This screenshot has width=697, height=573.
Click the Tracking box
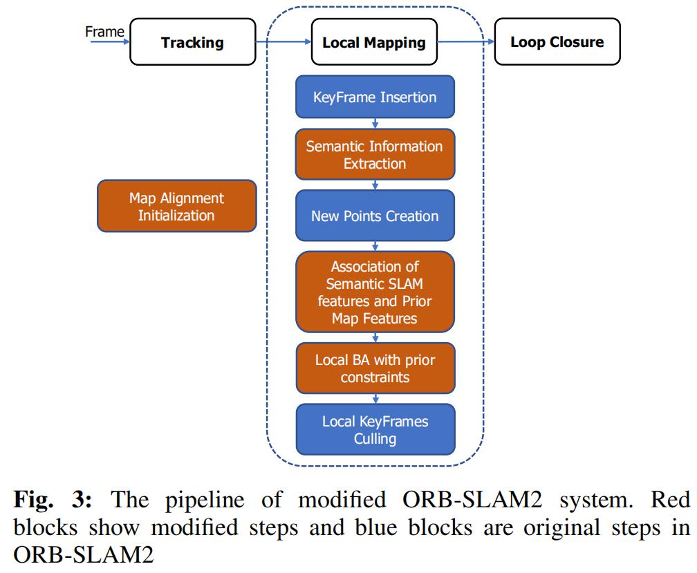pos(192,43)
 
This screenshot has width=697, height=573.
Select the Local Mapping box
pos(374,43)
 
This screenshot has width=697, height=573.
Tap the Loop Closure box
pos(557,43)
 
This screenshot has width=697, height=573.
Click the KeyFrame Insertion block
pos(375,97)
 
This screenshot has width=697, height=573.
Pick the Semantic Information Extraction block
pos(375,156)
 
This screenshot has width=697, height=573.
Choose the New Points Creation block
pos(375,216)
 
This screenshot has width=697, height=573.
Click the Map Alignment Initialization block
pos(177,206)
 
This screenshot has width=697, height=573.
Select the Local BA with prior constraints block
pos(375,369)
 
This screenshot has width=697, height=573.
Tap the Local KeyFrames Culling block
pos(375,429)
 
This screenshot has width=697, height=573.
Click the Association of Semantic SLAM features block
pos(375,292)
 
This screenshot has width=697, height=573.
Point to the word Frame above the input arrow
pos(104,31)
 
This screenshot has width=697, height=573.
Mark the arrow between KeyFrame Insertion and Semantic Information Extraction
pos(375,124)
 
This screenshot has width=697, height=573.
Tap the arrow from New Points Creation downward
pos(375,246)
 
